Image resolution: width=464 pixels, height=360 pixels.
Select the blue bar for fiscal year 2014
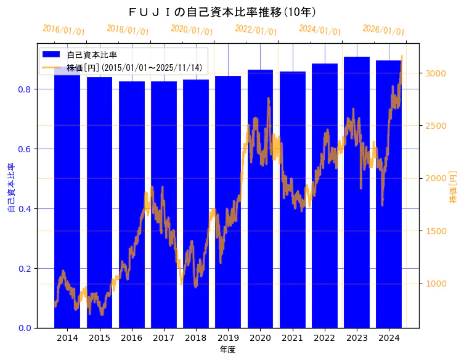coord(67,197)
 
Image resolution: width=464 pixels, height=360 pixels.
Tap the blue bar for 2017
coord(163,203)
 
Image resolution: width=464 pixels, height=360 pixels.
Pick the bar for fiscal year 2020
coord(260,197)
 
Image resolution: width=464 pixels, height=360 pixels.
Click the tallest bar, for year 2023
coord(357,191)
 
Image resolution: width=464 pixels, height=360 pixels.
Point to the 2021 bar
coord(292,197)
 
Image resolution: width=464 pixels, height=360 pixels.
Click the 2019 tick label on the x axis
coord(228,338)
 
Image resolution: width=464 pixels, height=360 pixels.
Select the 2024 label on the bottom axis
coord(389,338)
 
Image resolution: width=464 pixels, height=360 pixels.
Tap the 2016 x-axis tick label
coord(131,338)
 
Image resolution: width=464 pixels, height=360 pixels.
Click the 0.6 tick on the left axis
coord(24,149)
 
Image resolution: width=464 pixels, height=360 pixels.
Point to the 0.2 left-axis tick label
coord(24,269)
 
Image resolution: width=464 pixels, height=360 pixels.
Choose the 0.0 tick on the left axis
coord(24,328)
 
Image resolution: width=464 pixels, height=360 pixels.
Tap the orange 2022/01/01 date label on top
coord(256,30)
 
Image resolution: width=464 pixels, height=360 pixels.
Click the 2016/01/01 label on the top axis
coord(63,30)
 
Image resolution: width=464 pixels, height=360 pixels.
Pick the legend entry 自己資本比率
coord(92,55)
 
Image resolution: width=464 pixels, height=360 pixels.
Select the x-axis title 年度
coord(228,350)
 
